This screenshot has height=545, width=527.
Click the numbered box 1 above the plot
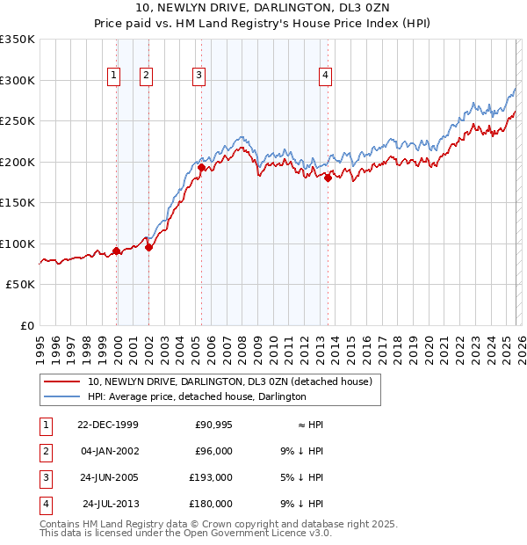point(114,76)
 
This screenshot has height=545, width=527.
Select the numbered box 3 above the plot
point(199,76)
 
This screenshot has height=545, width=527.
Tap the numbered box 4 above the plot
point(325,76)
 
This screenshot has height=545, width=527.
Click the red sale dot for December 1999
point(117,251)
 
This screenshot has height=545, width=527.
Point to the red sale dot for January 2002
point(148,247)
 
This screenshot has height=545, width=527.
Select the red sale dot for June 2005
point(202,167)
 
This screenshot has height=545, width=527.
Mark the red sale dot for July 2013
point(328,178)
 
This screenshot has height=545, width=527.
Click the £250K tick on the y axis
point(18,121)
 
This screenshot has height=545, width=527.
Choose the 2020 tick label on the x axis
point(429,347)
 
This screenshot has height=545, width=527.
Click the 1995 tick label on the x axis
point(40,347)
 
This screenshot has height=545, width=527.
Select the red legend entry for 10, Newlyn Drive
point(230,381)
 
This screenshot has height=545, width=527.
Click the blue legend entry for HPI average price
point(196,396)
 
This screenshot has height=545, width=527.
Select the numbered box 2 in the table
point(44,451)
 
